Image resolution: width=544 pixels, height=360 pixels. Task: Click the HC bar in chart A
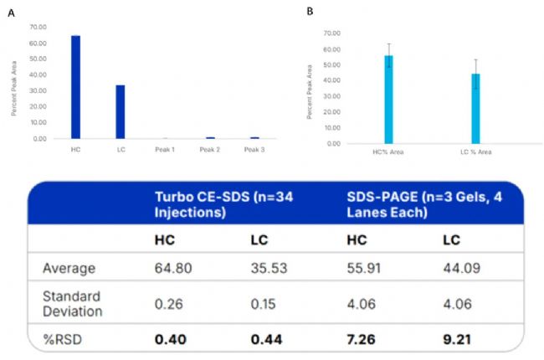tap(75, 87)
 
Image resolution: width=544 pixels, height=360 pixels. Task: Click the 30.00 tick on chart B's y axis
tap(331, 96)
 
